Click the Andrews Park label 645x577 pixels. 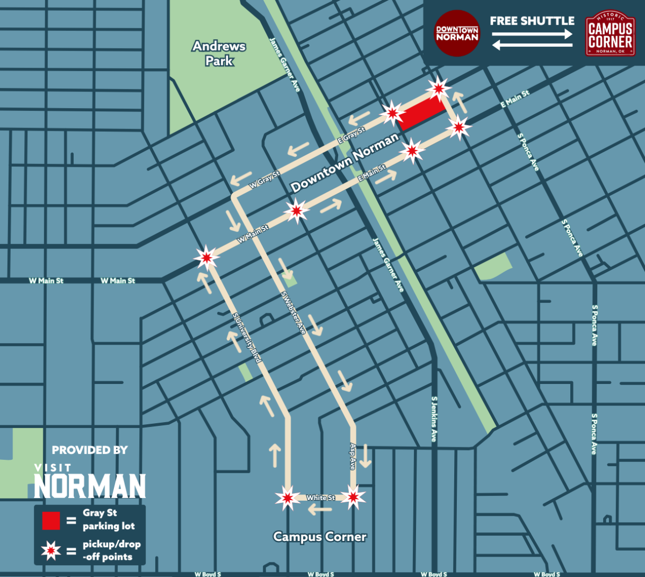tap(219, 53)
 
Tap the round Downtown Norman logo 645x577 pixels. tap(456, 33)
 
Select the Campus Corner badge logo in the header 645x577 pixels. tap(610, 34)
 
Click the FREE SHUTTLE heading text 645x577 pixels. tap(532, 21)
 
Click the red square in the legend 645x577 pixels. tap(51, 521)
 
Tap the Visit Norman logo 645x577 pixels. tap(90, 482)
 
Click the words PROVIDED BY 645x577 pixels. tap(90, 450)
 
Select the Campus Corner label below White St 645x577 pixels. tap(320, 537)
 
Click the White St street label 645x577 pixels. tap(320, 498)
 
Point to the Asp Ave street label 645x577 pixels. tap(353, 457)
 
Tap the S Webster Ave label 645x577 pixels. tap(293, 313)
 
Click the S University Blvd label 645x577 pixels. tap(247, 338)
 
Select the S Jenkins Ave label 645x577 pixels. tap(434, 419)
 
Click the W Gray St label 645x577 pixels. tap(264, 180)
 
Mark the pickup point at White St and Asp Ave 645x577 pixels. tap(353, 497)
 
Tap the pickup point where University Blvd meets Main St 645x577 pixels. tap(206, 258)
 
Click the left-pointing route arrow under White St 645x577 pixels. tap(320, 509)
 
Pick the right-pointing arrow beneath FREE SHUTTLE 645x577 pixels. tap(532, 34)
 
